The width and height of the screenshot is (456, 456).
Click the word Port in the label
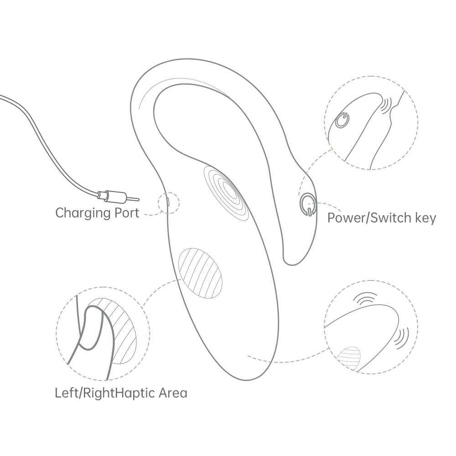tap(127, 213)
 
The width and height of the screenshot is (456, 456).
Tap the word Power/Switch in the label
tap(365, 218)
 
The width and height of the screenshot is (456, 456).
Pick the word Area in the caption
tap(173, 393)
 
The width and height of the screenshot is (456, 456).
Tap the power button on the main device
tap(307, 204)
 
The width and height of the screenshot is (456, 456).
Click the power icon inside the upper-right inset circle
tap(342, 120)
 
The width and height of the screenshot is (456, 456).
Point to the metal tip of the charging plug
tap(133, 199)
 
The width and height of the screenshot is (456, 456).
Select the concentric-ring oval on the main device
tap(226, 192)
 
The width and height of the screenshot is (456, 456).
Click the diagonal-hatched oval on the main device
tap(200, 273)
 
